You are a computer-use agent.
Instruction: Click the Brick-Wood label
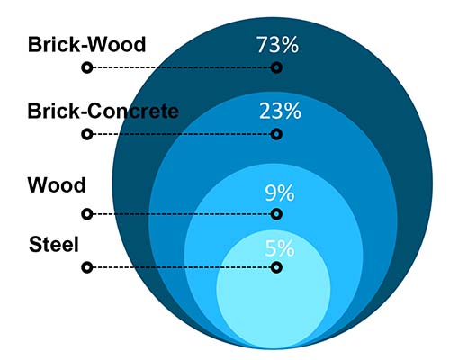point(86,45)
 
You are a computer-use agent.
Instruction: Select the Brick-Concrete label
point(103,111)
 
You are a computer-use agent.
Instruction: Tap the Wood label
point(57,185)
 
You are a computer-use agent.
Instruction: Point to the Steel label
point(54,245)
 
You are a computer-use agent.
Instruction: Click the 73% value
point(278,45)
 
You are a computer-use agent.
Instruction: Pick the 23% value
point(280,111)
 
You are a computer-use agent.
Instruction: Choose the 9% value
point(280,193)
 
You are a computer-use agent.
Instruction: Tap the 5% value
point(280,248)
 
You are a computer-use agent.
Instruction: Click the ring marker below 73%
point(276,67)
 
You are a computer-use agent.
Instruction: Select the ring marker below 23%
point(276,134)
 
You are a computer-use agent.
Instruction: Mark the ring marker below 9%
point(276,214)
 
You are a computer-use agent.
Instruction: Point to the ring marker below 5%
point(276,267)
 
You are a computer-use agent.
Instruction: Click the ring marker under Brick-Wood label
point(87,67)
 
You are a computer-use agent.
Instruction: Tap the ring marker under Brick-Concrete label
point(87,134)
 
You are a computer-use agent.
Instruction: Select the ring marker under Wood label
point(87,214)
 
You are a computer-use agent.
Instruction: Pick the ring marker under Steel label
point(87,267)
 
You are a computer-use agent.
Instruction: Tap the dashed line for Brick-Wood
point(182,67)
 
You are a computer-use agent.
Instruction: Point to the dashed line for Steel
point(182,267)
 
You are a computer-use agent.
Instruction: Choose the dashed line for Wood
point(182,214)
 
